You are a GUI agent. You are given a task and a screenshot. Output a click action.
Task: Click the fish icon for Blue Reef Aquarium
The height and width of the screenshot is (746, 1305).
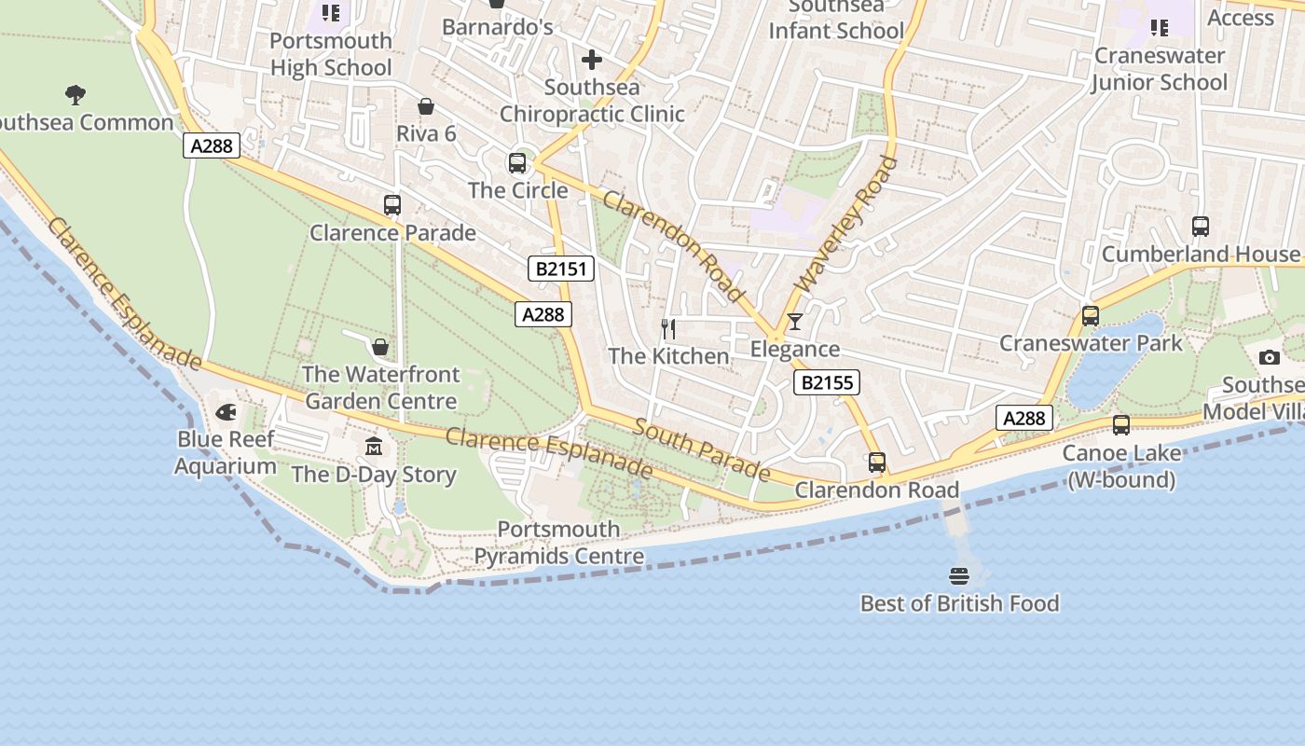tap(226, 412)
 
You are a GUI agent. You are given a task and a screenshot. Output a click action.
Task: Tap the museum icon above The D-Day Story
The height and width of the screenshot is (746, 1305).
tap(374, 446)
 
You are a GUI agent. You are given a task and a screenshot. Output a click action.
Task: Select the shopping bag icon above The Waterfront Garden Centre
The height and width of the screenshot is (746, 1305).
tap(380, 347)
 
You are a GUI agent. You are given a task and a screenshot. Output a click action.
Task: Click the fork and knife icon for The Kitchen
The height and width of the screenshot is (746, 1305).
tap(668, 328)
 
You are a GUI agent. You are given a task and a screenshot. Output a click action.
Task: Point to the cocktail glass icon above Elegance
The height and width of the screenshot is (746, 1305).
tap(794, 322)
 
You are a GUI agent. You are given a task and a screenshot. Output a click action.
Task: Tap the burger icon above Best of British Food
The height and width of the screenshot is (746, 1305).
tap(959, 575)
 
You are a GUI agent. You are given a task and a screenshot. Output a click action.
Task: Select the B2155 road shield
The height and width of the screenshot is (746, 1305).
tap(827, 381)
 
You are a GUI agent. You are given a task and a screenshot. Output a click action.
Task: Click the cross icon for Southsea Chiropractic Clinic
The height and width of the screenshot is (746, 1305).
tap(592, 60)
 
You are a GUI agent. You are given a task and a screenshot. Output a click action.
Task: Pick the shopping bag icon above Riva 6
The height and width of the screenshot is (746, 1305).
tap(426, 106)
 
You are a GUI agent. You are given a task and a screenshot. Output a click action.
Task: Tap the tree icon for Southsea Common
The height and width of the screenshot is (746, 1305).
tap(76, 94)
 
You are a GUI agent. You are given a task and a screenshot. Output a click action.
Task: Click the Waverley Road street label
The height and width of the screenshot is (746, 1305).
tap(845, 224)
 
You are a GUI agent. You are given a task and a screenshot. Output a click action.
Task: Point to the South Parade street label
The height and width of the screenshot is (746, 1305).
tap(702, 449)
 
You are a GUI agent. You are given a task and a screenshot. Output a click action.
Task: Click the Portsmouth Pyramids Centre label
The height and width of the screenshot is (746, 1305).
tap(558, 543)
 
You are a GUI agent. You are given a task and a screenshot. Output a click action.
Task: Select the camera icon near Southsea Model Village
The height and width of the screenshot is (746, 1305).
tap(1269, 357)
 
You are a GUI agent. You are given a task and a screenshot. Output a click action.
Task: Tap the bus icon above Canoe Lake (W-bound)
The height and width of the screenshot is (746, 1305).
tap(1120, 425)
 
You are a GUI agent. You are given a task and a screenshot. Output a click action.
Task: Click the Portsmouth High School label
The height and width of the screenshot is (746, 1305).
tap(331, 54)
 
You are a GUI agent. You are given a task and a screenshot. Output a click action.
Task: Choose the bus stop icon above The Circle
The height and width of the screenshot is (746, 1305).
tap(517, 162)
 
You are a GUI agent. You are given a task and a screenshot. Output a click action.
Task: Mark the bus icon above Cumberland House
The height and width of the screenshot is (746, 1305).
tap(1201, 226)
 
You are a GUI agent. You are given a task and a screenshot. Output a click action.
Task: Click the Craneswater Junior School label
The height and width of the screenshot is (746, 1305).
tap(1159, 69)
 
